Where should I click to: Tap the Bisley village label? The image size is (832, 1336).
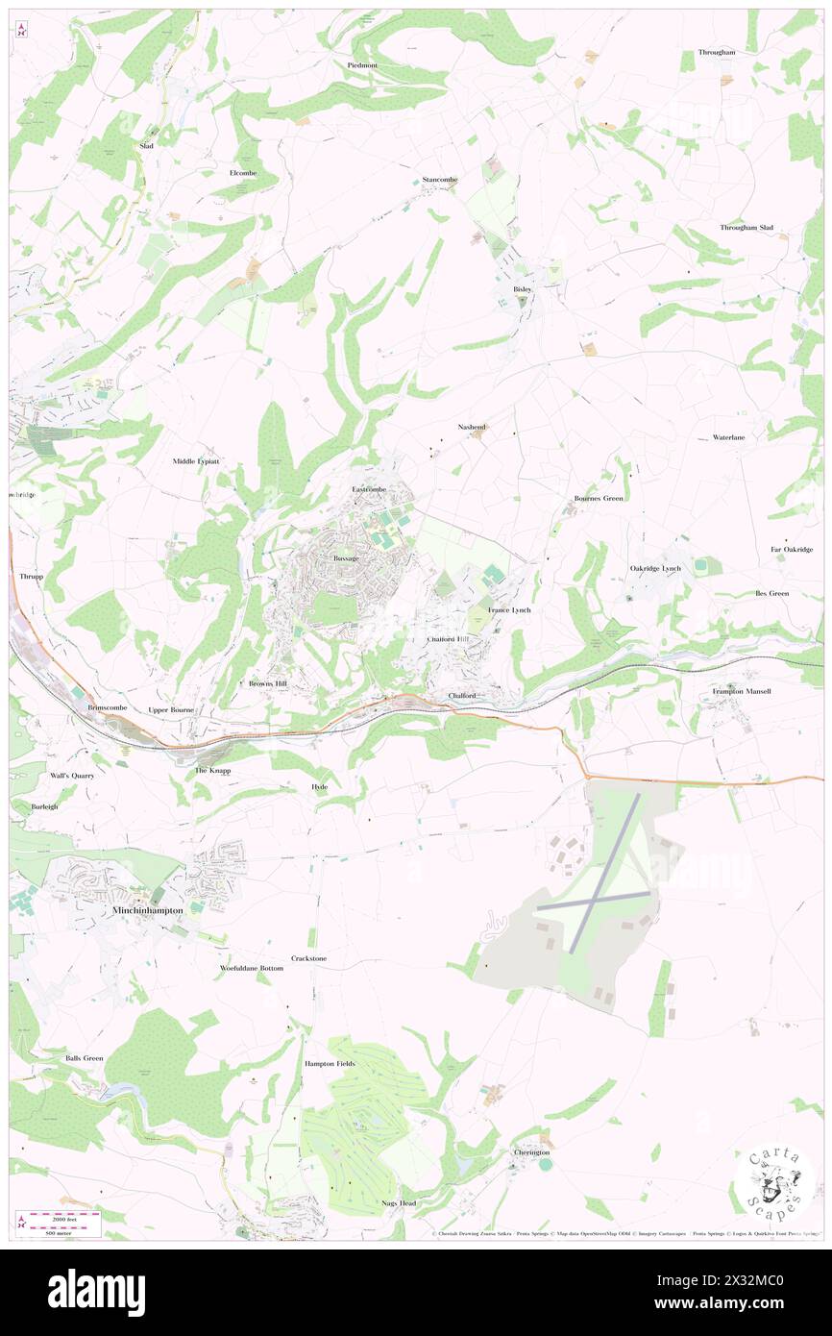tap(522, 288)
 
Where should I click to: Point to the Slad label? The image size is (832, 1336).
tap(147, 145)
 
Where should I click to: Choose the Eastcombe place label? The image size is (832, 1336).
tap(369, 489)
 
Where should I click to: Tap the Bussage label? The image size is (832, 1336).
tap(346, 557)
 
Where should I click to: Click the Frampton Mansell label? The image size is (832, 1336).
tap(742, 691)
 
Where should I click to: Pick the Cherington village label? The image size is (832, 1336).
tap(531, 1152)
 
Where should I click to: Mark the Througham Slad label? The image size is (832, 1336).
tap(746, 228)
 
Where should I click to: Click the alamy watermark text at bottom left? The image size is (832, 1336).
tap(96, 1292)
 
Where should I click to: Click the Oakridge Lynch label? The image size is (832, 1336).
tap(655, 568)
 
